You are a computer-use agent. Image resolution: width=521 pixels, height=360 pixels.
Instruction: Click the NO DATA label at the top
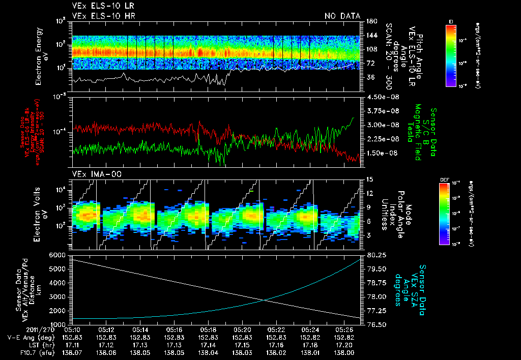(342, 16)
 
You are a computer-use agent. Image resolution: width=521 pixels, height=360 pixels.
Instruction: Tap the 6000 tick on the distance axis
(58, 255)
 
